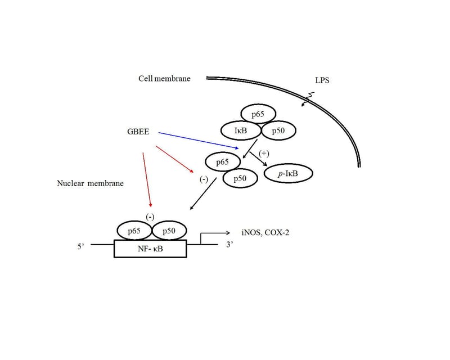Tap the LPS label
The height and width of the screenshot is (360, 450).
(x=322, y=80)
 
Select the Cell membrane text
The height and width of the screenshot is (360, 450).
(x=164, y=78)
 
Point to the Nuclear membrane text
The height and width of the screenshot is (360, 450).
(x=90, y=183)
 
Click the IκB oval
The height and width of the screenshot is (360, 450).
(x=241, y=130)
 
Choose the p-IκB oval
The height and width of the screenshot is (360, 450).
(x=288, y=174)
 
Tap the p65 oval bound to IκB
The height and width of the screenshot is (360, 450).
(x=258, y=114)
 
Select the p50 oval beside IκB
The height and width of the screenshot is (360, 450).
(x=278, y=130)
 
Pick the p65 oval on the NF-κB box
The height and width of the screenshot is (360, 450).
(x=134, y=231)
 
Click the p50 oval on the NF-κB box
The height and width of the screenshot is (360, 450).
(x=169, y=231)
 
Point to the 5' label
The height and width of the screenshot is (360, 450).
(x=82, y=245)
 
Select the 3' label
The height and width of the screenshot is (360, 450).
(x=229, y=245)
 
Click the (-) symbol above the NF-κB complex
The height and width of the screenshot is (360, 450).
(x=150, y=216)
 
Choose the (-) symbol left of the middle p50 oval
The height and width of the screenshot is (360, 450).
(x=204, y=179)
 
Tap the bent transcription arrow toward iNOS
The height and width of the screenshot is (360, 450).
(x=214, y=233)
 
